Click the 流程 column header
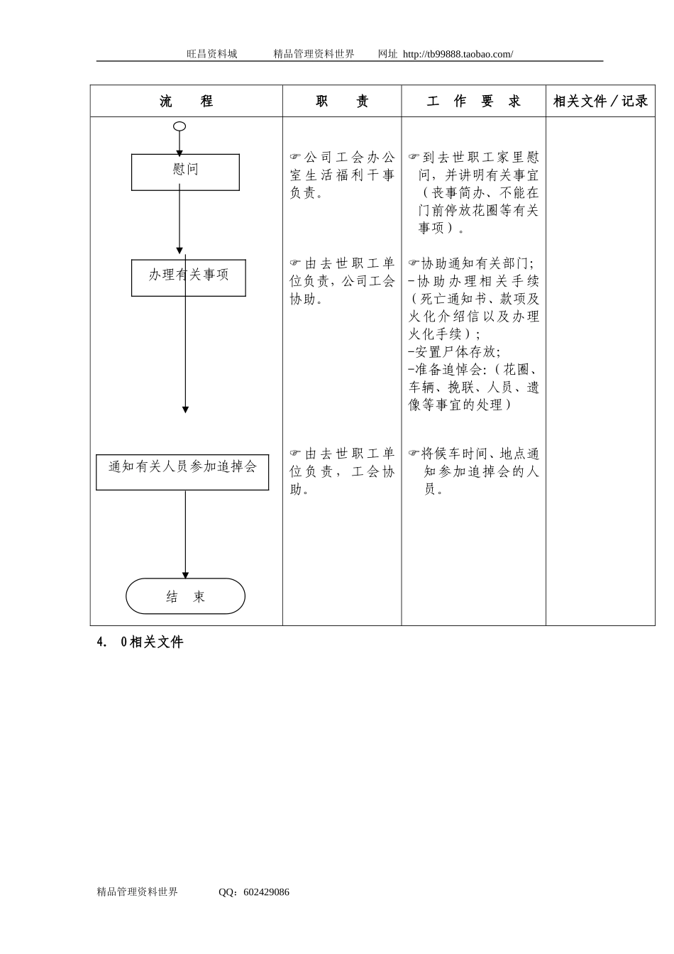(186, 102)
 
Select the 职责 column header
(342, 102)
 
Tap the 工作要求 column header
(473, 102)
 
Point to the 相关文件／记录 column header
(600, 102)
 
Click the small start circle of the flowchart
(179, 126)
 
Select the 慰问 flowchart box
(185, 172)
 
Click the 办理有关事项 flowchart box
(188, 278)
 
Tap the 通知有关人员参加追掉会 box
(182, 472)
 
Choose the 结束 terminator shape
(185, 596)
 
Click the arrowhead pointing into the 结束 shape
(185, 575)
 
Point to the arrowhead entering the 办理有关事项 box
(179, 251)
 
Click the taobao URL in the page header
(458, 54)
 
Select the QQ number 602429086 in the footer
(266, 892)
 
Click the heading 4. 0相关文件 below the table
(140, 642)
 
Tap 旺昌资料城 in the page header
(211, 54)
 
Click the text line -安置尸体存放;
(454, 351)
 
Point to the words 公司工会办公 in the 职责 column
(349, 157)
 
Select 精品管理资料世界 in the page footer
(137, 892)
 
